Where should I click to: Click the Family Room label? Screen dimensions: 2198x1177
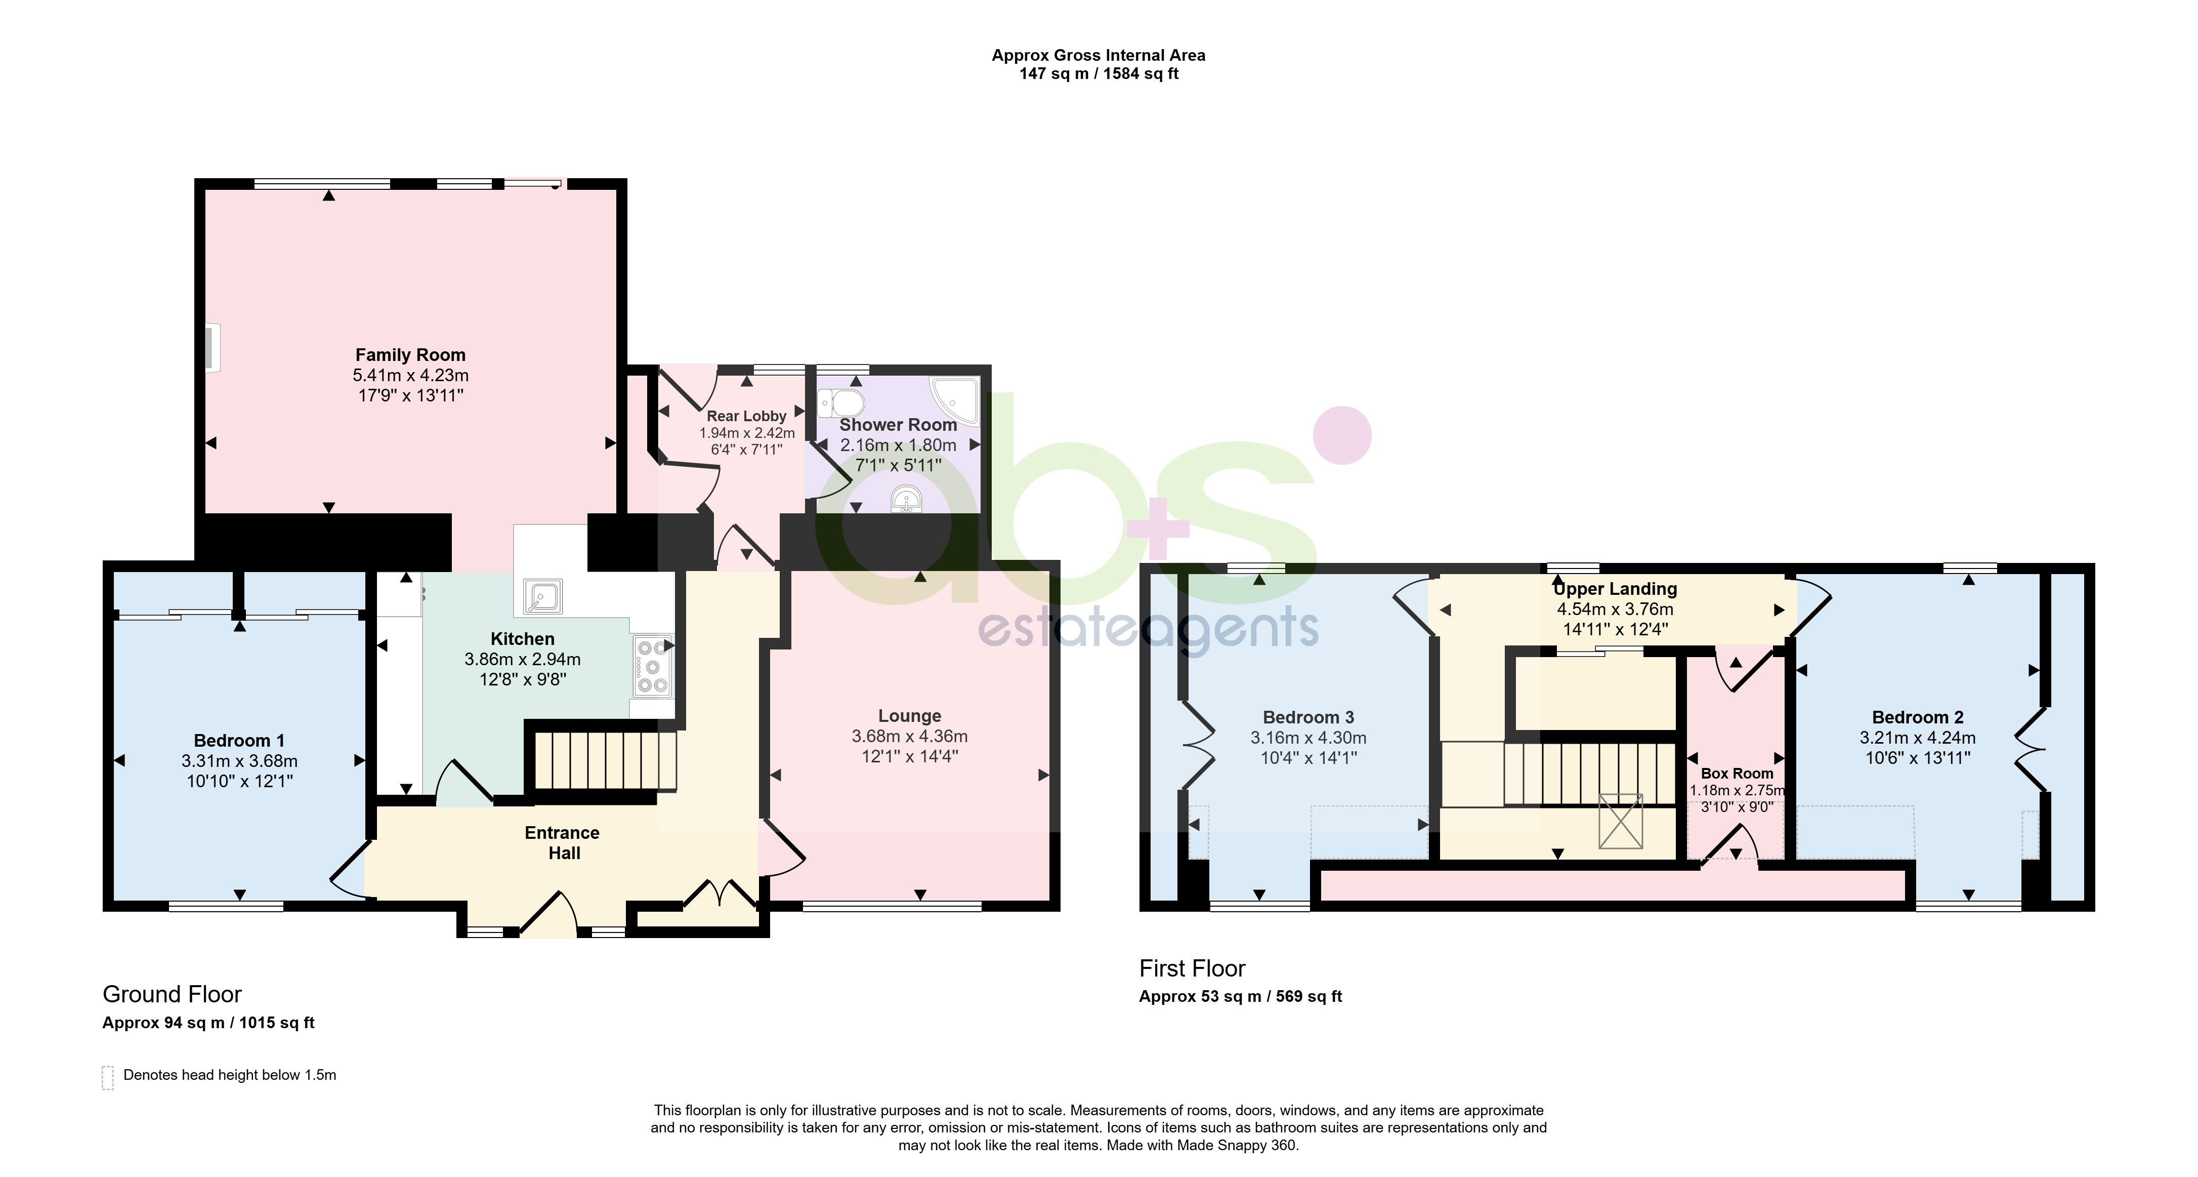[x=410, y=355]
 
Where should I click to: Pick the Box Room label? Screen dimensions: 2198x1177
[x=1737, y=774]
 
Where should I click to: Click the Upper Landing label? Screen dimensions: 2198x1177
[x=1615, y=589]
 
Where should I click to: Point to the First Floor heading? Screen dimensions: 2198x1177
[x=1192, y=969]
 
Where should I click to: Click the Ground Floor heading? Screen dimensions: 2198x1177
[x=173, y=994]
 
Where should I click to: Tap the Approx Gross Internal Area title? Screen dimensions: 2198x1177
[x=1098, y=56]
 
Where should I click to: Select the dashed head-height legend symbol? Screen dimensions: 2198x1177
[x=107, y=1077]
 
